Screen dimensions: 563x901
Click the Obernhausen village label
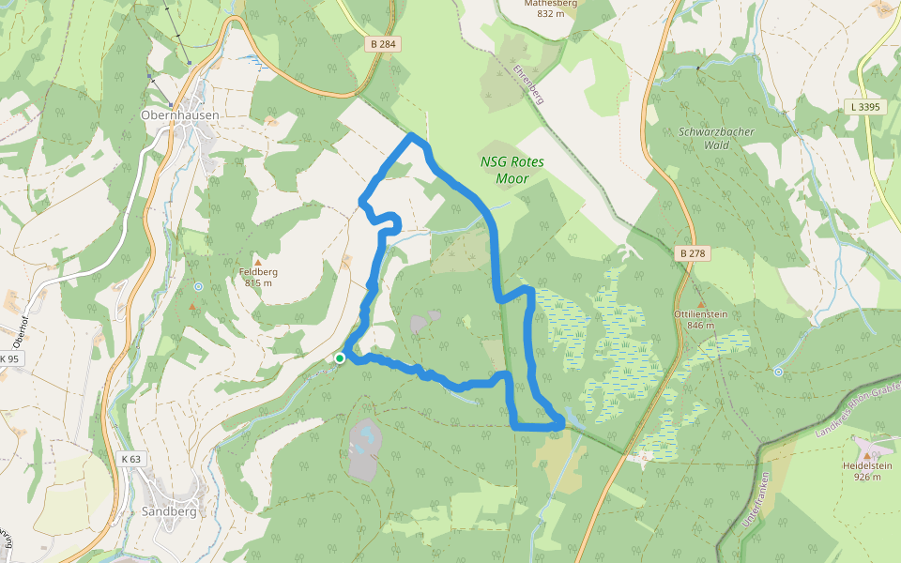(x=179, y=115)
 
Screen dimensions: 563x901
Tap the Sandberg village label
(x=169, y=511)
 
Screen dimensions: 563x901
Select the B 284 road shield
(x=382, y=43)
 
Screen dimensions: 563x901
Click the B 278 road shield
(x=693, y=253)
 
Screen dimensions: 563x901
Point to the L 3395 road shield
(x=864, y=107)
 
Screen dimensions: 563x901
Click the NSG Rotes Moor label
(x=512, y=170)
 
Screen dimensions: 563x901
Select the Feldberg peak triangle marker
(x=258, y=262)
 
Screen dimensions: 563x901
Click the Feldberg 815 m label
(x=258, y=278)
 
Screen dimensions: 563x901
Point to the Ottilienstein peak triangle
(x=700, y=304)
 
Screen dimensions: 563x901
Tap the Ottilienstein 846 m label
(x=700, y=320)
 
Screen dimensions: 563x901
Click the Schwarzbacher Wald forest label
(x=716, y=139)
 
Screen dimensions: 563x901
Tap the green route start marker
(x=340, y=358)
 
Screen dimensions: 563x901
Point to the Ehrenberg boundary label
(x=528, y=84)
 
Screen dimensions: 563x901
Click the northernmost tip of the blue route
(x=412, y=137)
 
